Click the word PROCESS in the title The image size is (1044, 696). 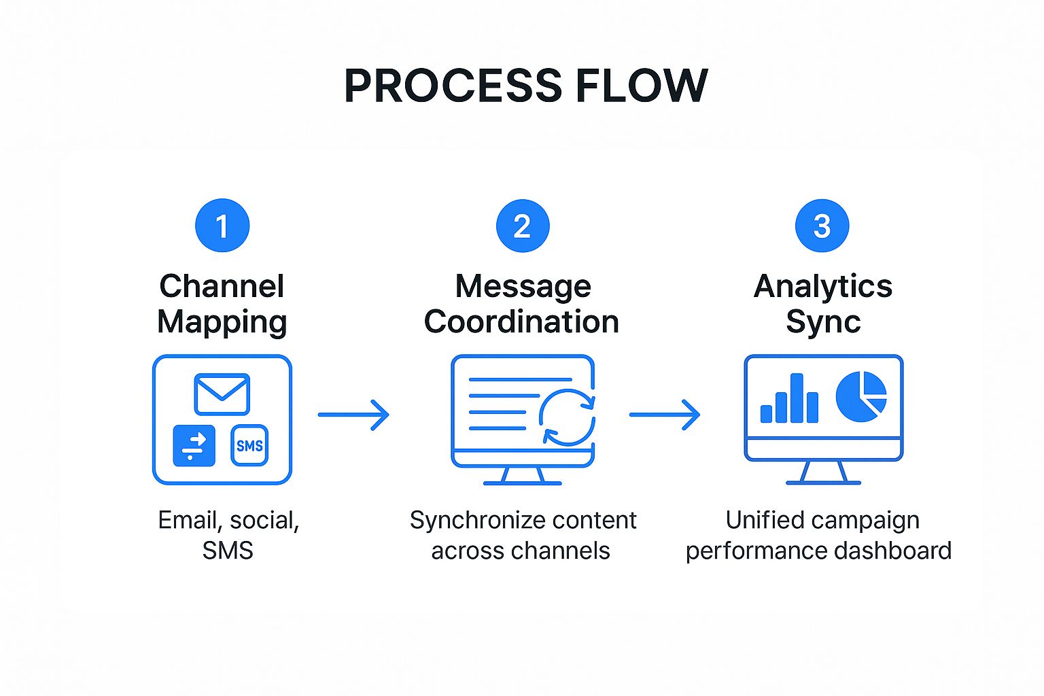pyautogui.click(x=453, y=86)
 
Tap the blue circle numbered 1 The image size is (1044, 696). pyautogui.click(x=222, y=226)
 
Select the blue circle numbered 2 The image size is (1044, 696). pyautogui.click(x=522, y=226)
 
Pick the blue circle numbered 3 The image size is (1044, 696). pyautogui.click(x=822, y=226)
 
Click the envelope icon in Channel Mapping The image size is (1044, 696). pyautogui.click(x=222, y=394)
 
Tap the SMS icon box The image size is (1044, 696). pyautogui.click(x=249, y=446)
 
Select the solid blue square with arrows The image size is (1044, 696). pyautogui.click(x=194, y=446)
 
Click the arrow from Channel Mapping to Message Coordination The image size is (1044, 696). pyautogui.click(x=353, y=414)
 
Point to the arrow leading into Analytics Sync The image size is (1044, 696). pyautogui.click(x=665, y=415)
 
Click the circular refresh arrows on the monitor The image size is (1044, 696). pyautogui.click(x=567, y=417)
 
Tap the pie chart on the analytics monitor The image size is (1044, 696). pyautogui.click(x=861, y=397)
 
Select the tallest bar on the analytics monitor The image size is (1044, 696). pyautogui.click(x=797, y=398)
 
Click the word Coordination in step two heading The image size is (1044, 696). pyautogui.click(x=521, y=321)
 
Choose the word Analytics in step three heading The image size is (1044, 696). pyautogui.click(x=822, y=286)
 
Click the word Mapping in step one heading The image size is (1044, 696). pyautogui.click(x=222, y=321)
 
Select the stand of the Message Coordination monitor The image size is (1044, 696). pyautogui.click(x=522, y=475)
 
